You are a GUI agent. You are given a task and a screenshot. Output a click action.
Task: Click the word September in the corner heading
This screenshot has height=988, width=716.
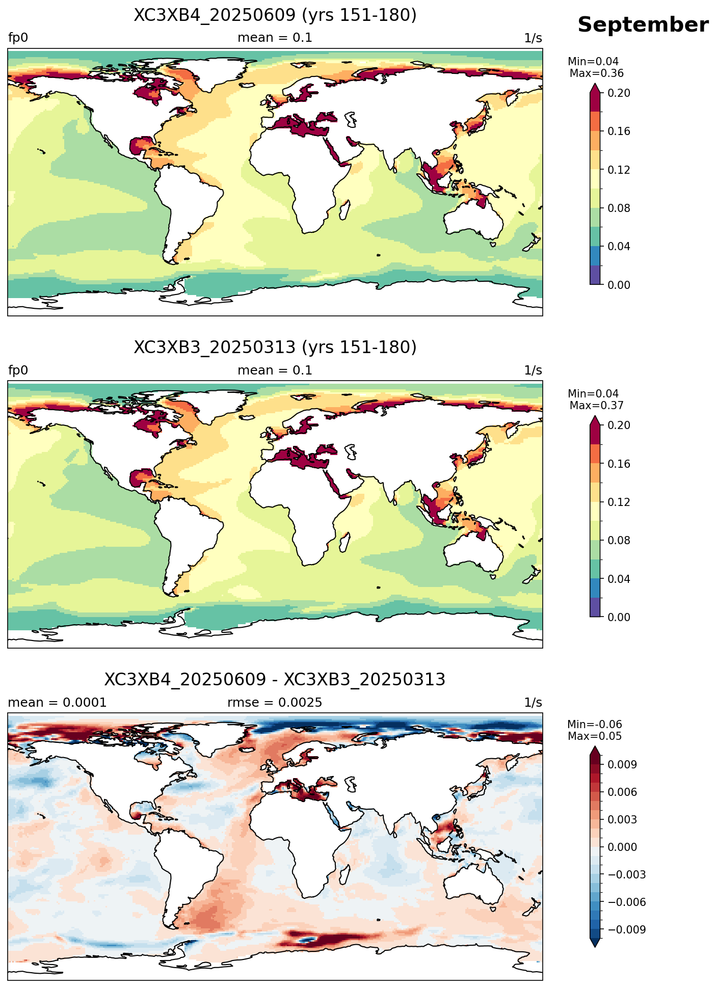click(643, 25)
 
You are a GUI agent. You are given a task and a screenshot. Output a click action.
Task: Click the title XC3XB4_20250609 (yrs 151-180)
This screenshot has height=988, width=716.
click(275, 15)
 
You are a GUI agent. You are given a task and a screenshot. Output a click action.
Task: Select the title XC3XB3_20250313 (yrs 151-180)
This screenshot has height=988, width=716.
click(275, 348)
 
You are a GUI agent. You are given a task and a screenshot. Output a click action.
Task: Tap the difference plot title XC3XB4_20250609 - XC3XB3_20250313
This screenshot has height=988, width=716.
click(275, 680)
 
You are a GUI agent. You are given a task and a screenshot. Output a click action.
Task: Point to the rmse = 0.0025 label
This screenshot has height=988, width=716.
click(275, 703)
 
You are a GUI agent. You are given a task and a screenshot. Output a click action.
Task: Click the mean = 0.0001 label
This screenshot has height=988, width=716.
click(58, 703)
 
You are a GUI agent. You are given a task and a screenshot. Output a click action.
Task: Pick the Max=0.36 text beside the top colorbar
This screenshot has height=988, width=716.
click(596, 73)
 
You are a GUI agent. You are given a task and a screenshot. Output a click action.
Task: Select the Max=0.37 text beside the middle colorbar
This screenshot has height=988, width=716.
click(596, 406)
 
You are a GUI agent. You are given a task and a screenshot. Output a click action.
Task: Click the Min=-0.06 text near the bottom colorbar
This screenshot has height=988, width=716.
click(595, 725)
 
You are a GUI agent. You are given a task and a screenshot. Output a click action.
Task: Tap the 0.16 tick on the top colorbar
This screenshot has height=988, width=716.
click(619, 131)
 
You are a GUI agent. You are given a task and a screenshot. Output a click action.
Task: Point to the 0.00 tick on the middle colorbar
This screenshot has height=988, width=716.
click(619, 617)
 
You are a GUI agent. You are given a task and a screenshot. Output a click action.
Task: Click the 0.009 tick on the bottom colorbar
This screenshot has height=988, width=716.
click(622, 764)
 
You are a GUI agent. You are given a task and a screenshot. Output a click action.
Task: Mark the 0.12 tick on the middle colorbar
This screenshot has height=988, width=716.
click(619, 502)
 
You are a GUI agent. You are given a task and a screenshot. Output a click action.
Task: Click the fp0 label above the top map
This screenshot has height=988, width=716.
click(18, 38)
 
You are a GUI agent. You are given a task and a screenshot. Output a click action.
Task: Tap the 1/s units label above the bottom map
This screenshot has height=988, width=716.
click(533, 703)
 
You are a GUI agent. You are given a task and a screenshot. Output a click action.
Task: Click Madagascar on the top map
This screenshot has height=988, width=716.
click(344, 210)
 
